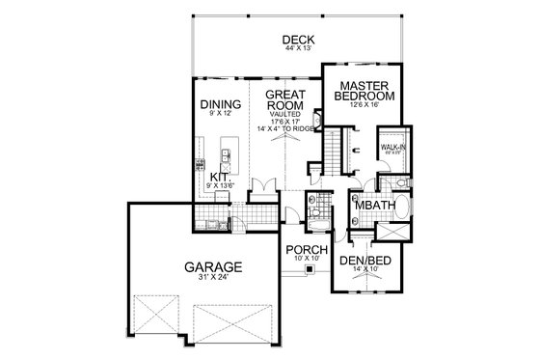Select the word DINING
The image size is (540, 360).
(221, 105)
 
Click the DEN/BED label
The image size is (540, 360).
(364, 260)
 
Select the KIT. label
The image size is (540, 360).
(219, 177)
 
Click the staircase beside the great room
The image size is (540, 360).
(333, 151)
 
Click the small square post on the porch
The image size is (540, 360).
(310, 271)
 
